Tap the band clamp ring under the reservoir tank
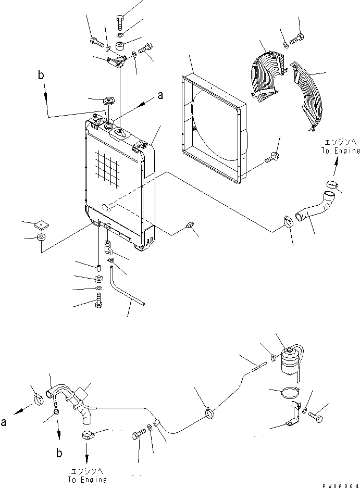click(284, 392)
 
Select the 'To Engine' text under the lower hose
click(87, 476)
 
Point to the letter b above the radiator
click(41, 76)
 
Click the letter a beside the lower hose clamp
click(5, 423)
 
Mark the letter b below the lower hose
click(59, 453)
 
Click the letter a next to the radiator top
click(160, 95)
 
